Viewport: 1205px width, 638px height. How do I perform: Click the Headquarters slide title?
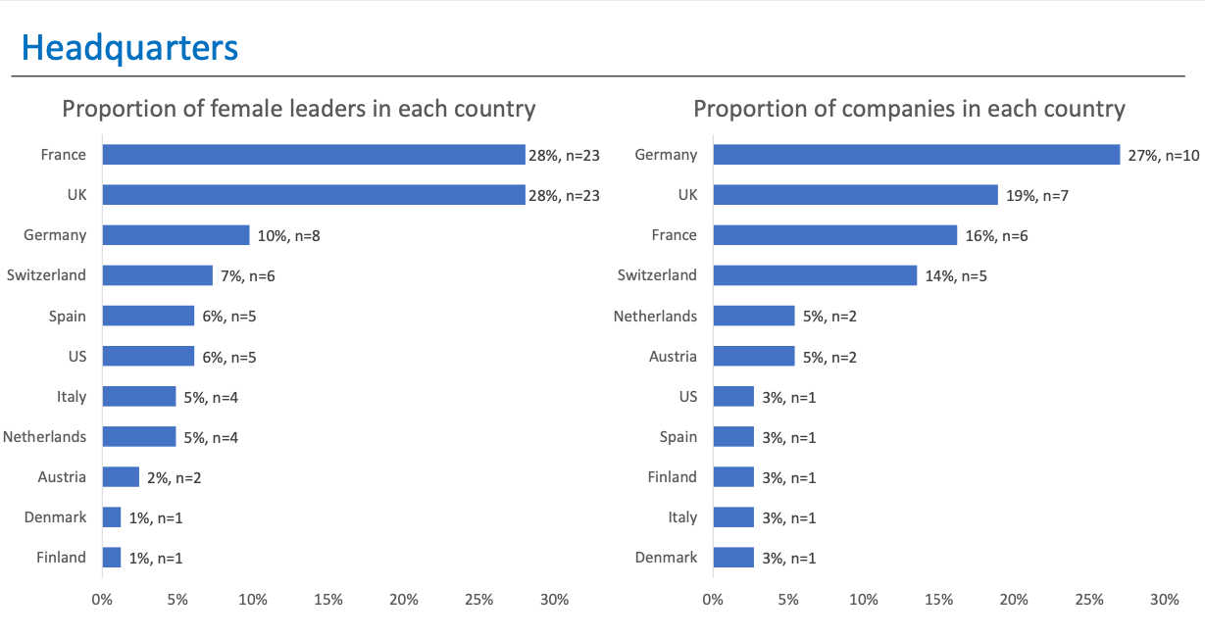point(129,47)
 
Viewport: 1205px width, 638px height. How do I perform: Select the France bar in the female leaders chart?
point(314,155)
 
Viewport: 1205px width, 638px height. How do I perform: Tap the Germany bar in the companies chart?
point(916,155)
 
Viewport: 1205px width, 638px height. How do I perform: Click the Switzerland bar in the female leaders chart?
point(157,275)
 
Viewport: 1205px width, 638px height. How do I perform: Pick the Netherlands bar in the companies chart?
point(753,316)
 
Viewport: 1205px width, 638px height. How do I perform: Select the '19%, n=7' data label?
point(1035,195)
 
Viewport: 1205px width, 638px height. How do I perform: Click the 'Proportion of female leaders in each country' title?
point(299,108)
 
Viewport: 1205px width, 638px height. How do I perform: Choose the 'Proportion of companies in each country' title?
point(909,108)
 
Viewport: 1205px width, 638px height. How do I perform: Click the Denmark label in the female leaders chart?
point(56,517)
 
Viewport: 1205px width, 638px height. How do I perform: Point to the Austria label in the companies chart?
point(673,357)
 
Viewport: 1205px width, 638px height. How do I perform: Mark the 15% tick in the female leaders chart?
point(327,600)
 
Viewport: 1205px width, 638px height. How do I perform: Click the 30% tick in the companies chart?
point(1164,600)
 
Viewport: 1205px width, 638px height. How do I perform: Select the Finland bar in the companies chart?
point(733,477)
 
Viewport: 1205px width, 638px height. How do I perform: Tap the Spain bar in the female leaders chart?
point(148,316)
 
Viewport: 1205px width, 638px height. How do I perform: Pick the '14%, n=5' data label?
point(955,275)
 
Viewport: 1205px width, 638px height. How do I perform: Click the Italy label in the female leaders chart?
point(72,397)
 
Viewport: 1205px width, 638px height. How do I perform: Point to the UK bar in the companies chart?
point(855,195)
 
